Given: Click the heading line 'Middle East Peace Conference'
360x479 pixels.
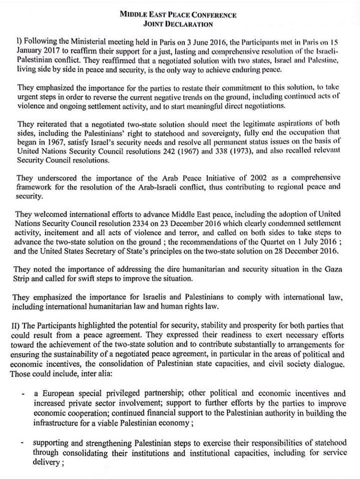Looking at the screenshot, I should [x=178, y=15].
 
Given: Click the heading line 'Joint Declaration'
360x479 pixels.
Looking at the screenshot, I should [x=178, y=24].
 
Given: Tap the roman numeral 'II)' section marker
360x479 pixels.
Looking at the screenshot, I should [x=17, y=326].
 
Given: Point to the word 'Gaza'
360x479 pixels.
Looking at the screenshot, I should [x=334, y=269].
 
